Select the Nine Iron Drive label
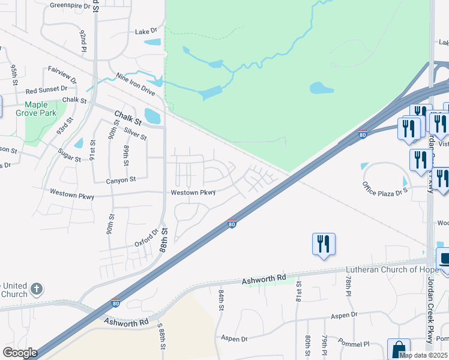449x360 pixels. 136,85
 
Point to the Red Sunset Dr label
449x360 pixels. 47,90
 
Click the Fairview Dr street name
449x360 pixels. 62,74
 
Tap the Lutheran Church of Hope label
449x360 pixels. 391,269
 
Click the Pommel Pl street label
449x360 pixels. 354,344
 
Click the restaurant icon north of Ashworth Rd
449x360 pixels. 324,244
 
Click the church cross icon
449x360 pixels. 37,289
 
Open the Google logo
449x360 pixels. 20,353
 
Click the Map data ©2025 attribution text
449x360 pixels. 423,355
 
